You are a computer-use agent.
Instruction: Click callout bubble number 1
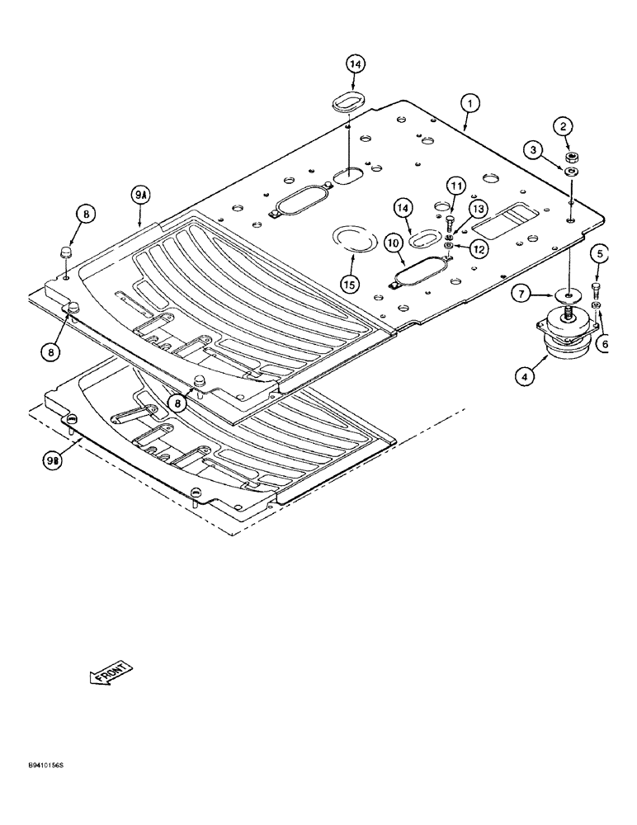tap(469, 104)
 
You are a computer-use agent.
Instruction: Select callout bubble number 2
tap(563, 126)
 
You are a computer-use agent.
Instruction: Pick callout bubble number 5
tap(600, 255)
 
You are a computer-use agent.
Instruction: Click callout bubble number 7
tap(521, 292)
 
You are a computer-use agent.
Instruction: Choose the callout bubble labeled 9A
tap(139, 196)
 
